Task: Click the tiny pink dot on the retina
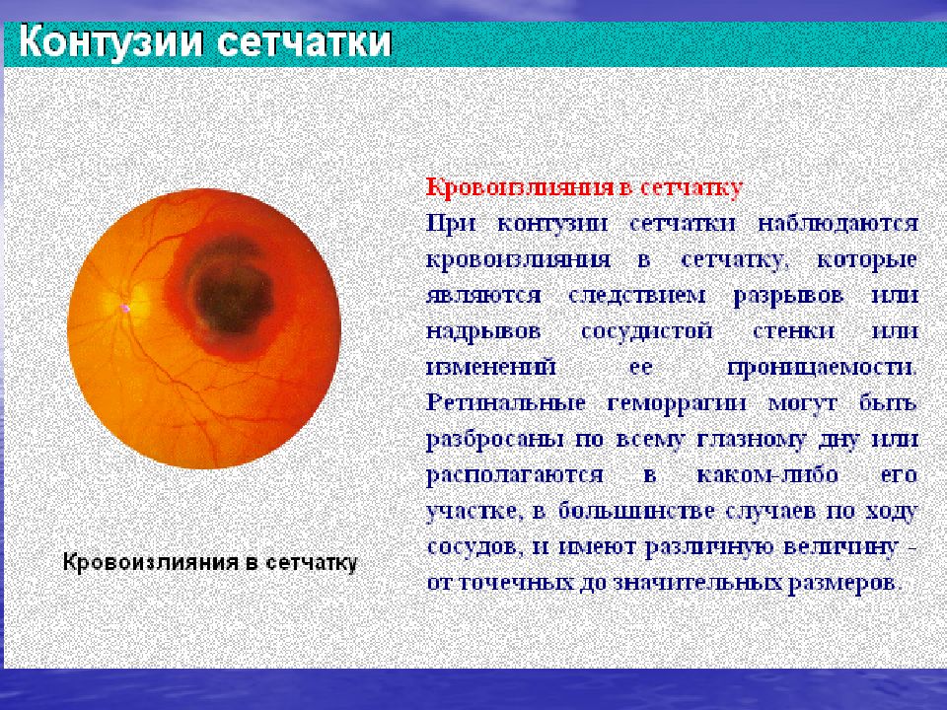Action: pyautogui.click(x=125, y=308)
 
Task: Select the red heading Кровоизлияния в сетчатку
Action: pyautogui.click(x=584, y=187)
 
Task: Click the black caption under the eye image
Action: pyautogui.click(x=210, y=562)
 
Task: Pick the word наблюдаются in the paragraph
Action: pyautogui.click(x=838, y=224)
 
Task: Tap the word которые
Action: pyautogui.click(x=867, y=259)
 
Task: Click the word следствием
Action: pyautogui.click(x=636, y=295)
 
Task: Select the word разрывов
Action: pyautogui.click(x=788, y=297)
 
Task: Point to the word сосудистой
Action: pyautogui.click(x=646, y=332)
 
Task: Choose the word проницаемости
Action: pyautogui.click(x=822, y=368)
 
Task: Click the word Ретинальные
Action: pyautogui.click(x=506, y=402)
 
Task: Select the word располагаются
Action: pyautogui.click(x=515, y=475)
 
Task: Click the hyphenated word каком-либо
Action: pyautogui.click(x=767, y=474)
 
